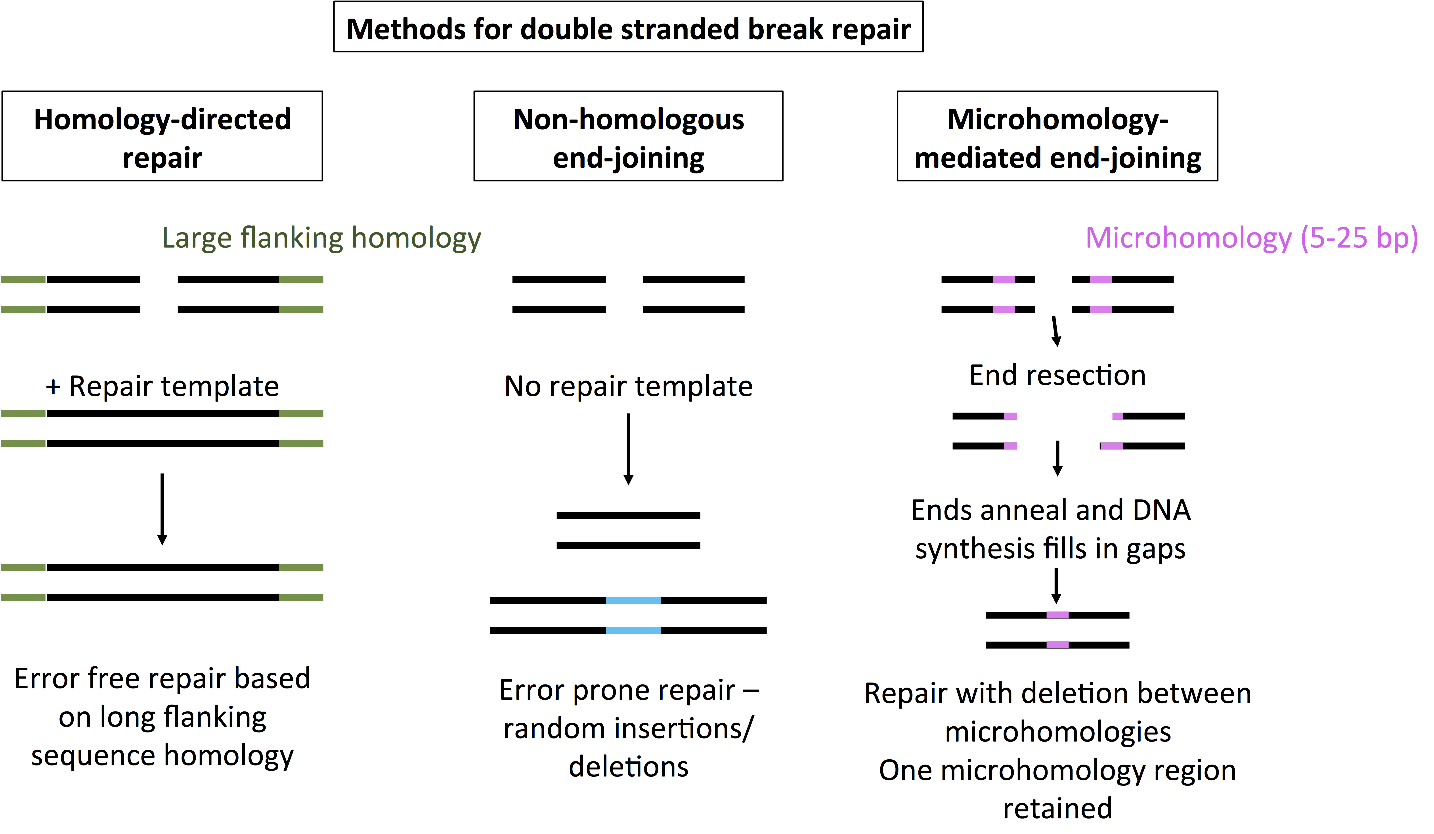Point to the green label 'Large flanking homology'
click(321, 238)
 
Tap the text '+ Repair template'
click(162, 386)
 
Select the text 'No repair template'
click(628, 386)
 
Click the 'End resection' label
click(1057, 376)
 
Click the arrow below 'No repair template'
click(628, 449)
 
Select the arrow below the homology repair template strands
click(162, 509)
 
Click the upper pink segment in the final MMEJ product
click(1057, 615)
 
